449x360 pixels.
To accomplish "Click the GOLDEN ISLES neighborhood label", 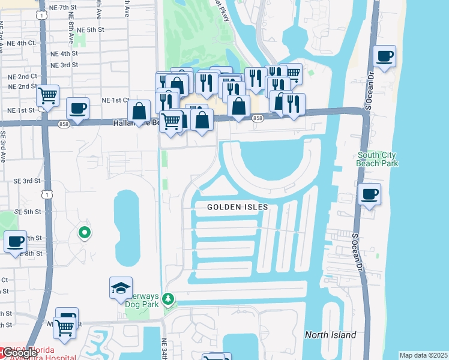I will coord(238,207).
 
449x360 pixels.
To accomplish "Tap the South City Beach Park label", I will coord(377,158).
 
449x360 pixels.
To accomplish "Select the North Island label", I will coord(330,335).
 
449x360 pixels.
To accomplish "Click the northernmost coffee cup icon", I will coord(384,57).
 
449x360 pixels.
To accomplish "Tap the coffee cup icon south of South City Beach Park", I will coord(370,194).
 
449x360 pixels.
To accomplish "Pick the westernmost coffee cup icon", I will coord(16,242).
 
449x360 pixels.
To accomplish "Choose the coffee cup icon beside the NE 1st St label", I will coord(77,109).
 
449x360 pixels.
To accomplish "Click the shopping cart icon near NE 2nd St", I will coord(47,95).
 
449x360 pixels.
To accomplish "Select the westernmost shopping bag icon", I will coord(139,111).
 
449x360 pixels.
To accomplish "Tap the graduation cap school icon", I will coord(121,288).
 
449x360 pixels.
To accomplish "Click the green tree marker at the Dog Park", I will coord(169,298).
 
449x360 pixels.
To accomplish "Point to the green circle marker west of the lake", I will coord(85,233).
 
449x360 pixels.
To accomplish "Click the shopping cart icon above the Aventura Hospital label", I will coord(64,327).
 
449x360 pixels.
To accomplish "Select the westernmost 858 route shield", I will coord(64,124).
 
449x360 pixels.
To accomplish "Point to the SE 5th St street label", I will coord(28,212).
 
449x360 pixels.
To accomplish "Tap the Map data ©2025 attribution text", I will coord(423,355).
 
